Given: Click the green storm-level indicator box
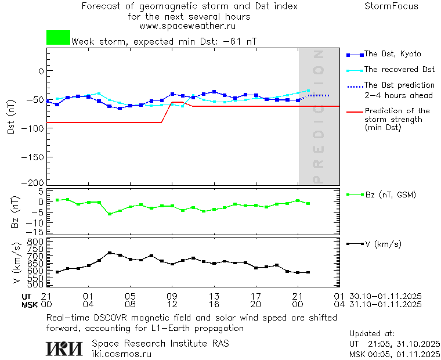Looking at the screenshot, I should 58,38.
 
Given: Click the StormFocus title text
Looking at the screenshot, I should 391,6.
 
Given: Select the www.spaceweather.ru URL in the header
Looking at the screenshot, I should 187,26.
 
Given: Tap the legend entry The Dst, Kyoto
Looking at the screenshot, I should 392,54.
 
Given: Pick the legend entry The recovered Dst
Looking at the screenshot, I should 399,70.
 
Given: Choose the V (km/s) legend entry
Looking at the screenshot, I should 383,244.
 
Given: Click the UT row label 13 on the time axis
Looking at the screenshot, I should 214,296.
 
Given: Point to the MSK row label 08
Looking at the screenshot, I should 130,304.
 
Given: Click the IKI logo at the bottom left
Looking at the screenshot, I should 65,348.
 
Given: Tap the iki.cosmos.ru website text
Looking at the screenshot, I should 121,354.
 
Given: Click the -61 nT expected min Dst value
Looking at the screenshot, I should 240,42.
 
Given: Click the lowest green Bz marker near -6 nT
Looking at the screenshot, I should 109,214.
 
